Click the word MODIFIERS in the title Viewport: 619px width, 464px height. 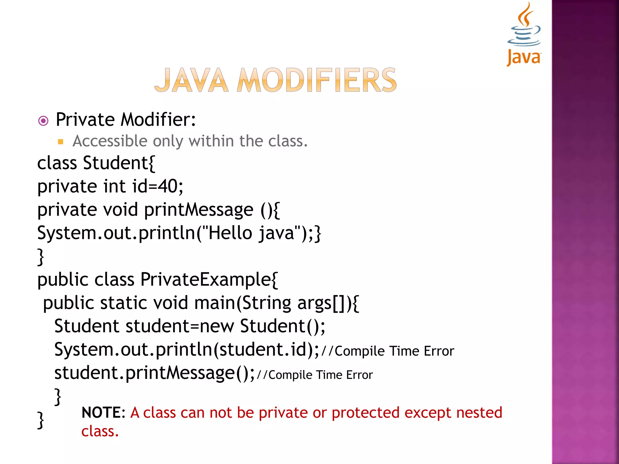(316, 80)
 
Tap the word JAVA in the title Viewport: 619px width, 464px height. (191, 80)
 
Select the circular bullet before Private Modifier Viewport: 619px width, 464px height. (44, 121)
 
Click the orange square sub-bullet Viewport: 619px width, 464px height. (60, 142)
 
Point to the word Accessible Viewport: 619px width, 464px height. (110, 141)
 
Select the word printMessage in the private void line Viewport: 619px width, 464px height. (198, 210)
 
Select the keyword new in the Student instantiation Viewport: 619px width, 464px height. (217, 326)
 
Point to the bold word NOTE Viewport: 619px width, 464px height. (101, 413)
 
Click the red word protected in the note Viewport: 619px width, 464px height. (366, 413)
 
